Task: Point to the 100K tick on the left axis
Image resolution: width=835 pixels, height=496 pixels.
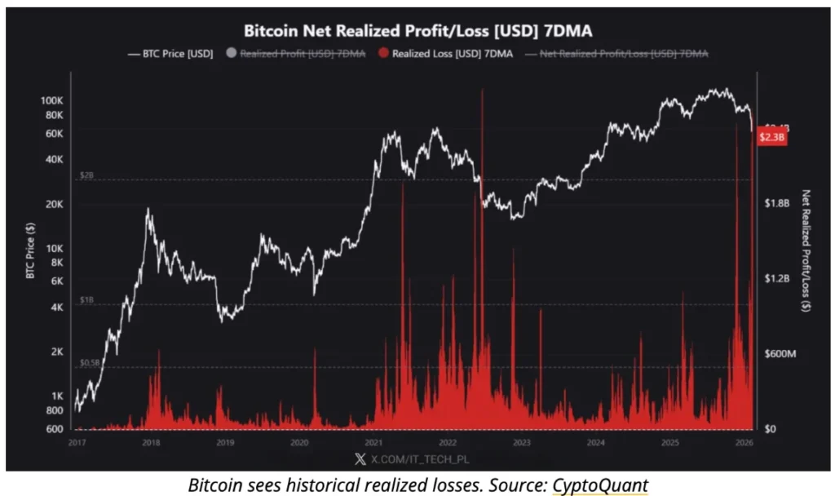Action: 51,100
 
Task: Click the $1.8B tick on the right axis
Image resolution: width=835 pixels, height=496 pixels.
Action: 775,203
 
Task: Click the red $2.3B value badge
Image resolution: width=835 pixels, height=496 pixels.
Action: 771,137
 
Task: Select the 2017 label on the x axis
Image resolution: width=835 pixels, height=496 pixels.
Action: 77,443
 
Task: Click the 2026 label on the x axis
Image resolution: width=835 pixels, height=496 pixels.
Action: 744,443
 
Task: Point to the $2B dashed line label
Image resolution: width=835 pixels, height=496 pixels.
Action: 86,175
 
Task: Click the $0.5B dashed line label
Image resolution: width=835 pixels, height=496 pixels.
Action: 89,362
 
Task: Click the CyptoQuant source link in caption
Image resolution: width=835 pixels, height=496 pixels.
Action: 600,485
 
